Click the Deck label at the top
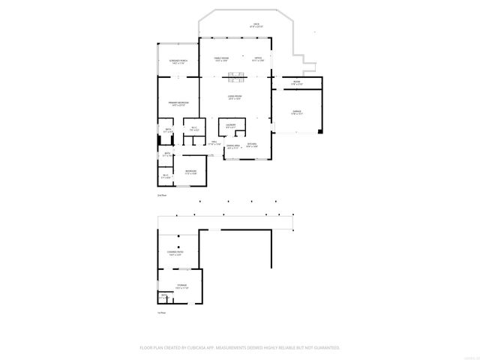click(256, 25)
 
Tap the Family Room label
click(220, 59)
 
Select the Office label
click(257, 59)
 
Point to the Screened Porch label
click(178, 61)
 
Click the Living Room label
click(235, 97)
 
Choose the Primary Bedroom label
click(178, 103)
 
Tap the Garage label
click(296, 112)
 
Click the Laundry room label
click(232, 124)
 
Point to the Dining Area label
click(233, 146)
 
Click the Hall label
click(214, 142)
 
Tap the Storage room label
click(181, 286)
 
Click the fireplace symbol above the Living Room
click(236, 73)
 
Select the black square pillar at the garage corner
click(319, 132)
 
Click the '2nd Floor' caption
click(161, 195)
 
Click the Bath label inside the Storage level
click(163, 295)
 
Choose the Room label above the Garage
click(296, 83)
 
